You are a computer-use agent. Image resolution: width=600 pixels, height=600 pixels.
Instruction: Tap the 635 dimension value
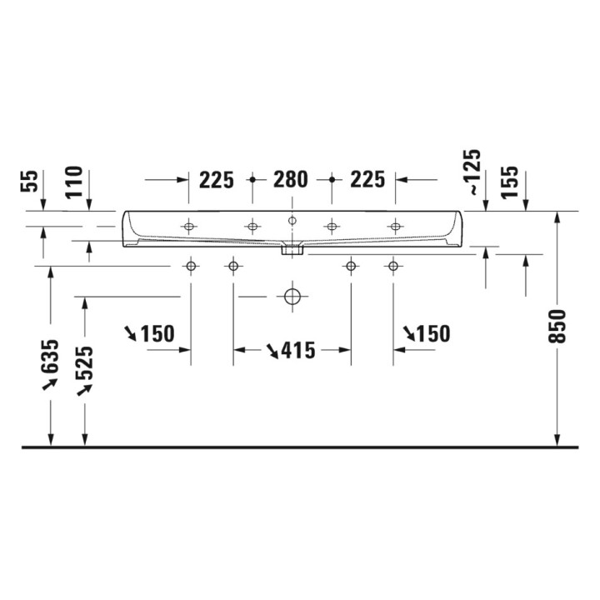51,357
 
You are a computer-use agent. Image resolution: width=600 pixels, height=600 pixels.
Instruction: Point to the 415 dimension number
298,351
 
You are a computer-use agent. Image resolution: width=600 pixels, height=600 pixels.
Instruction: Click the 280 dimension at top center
291,179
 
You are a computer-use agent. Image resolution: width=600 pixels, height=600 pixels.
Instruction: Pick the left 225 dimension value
216,179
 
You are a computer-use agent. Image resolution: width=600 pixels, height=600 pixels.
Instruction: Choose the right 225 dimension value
367,179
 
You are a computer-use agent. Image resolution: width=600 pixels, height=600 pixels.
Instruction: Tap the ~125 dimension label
472,172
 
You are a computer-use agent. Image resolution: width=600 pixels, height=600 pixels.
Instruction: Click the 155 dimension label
510,182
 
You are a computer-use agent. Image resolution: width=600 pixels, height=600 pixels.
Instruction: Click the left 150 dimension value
157,334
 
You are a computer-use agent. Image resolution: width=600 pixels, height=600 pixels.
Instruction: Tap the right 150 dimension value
432,334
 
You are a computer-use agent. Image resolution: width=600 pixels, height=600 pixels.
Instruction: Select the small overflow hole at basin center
292,220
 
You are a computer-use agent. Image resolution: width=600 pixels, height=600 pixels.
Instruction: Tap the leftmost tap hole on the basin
191,226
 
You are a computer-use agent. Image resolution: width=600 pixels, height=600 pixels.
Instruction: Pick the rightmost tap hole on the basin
393,226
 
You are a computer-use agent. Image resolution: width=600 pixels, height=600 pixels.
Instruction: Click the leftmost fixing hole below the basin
191,266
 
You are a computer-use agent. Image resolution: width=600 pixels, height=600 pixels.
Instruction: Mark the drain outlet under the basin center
292,248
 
